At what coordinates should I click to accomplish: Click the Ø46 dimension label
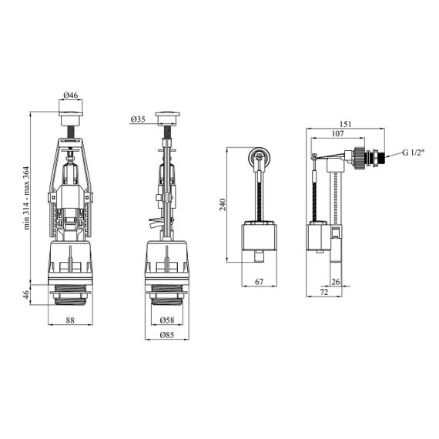(71, 96)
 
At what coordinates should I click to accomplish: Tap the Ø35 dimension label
(138, 119)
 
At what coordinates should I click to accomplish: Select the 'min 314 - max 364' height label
(26, 198)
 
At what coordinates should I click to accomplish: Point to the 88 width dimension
(70, 320)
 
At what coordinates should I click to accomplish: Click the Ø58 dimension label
(167, 320)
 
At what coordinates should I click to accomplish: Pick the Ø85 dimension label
(167, 335)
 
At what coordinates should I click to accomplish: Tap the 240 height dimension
(223, 205)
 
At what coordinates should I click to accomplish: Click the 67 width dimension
(260, 282)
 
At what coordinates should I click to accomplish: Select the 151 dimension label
(345, 124)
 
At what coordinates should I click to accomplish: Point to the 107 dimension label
(337, 133)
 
